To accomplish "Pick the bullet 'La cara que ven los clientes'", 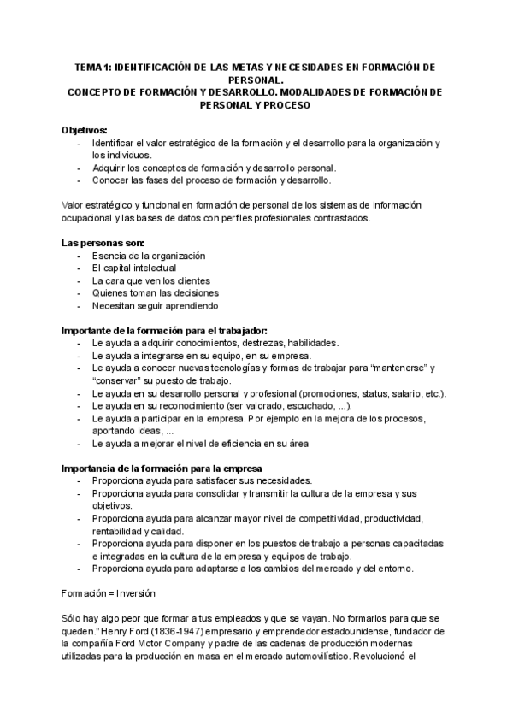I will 151,280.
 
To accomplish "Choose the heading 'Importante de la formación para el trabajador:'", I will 165,331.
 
